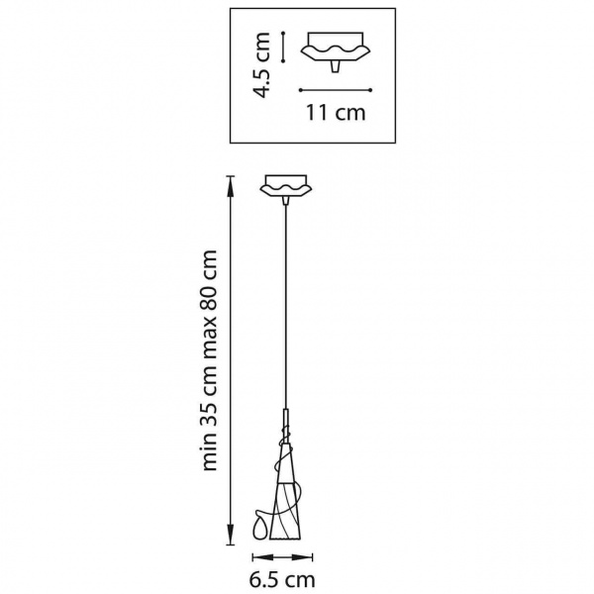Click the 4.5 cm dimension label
(261, 65)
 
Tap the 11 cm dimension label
(336, 113)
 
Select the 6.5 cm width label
(282, 579)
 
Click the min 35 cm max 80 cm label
(210, 360)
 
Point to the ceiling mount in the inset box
(336, 51)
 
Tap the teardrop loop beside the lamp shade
(261, 525)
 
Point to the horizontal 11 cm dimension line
(336, 90)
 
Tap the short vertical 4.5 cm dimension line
(283, 47)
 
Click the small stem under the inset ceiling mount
(335, 66)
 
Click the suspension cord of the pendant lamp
(286, 307)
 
